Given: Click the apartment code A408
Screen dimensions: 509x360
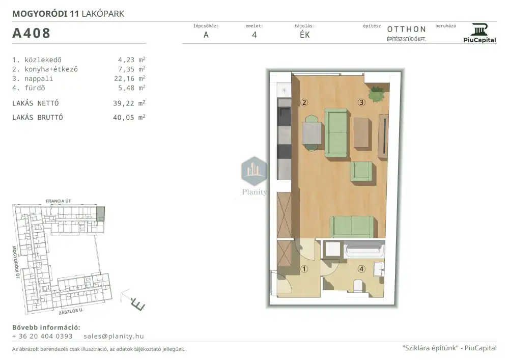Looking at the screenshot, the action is point(31,33).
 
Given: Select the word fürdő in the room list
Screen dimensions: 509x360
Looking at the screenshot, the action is point(35,88).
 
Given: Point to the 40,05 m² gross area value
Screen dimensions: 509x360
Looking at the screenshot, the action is point(129,118).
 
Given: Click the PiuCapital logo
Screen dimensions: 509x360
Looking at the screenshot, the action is point(479,33).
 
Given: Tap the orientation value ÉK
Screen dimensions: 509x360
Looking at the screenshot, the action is point(305,35).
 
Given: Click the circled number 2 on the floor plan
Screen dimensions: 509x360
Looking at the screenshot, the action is point(304,102).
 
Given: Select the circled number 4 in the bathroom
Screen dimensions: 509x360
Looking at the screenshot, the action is point(361,269).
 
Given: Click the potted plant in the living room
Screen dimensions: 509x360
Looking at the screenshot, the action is point(377,94).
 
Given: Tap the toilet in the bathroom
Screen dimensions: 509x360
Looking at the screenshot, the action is point(358,286).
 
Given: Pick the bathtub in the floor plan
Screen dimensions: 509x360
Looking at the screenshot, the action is point(365,250).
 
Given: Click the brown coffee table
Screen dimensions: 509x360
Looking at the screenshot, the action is point(362,133).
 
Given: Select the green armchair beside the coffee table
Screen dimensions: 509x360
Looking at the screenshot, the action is point(361,171).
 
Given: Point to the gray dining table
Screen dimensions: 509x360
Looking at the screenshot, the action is point(312,133).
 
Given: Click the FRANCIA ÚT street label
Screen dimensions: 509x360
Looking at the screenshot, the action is point(58,201).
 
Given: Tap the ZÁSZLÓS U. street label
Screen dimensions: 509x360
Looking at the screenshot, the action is point(71,311).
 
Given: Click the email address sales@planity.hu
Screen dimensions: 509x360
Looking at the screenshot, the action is point(114,336).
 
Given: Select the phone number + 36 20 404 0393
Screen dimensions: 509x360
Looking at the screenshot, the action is point(43,336).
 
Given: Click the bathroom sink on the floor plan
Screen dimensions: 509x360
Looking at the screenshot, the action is point(379,269).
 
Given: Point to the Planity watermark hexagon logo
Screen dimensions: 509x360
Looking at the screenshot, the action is point(254,171).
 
